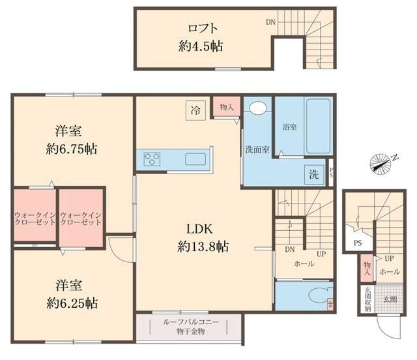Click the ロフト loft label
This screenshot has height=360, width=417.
click(x=203, y=28)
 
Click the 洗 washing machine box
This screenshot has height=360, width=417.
click(x=314, y=174)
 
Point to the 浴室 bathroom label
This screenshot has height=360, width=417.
click(x=290, y=127)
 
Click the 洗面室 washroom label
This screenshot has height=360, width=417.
click(x=257, y=149)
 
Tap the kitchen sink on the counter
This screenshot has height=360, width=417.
click(x=196, y=159)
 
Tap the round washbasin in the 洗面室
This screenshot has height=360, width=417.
click(x=258, y=108)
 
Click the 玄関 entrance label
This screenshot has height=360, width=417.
click(x=390, y=299)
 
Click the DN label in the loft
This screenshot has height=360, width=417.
click(x=270, y=22)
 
